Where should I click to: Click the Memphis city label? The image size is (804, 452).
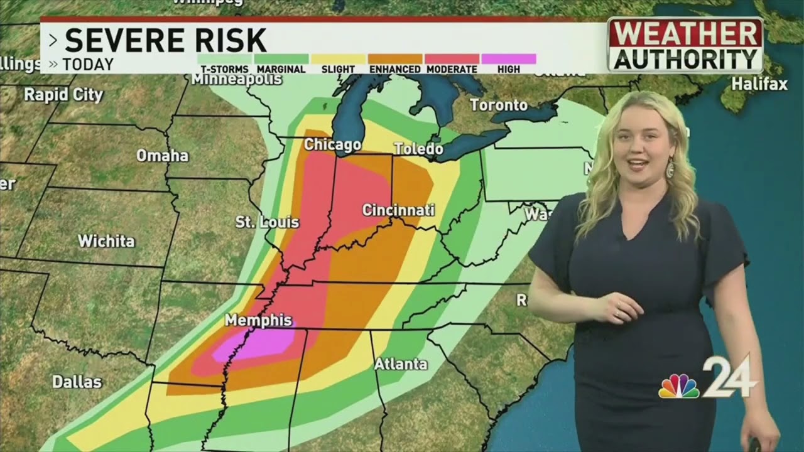(258, 320)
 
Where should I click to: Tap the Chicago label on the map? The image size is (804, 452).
(332, 145)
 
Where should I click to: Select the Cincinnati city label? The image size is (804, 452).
(398, 210)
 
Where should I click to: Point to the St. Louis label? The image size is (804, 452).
(267, 222)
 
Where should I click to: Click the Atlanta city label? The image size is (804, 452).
(401, 363)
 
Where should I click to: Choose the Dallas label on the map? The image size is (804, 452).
(77, 381)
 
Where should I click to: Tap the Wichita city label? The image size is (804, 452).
(106, 240)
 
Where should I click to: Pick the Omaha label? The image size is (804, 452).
(162, 155)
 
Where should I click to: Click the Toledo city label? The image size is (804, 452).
(418, 149)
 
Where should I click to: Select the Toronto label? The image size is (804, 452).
(499, 105)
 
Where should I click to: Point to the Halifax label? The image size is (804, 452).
(759, 84)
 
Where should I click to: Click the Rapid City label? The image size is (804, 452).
(63, 95)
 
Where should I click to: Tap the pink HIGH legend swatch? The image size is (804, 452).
(509, 59)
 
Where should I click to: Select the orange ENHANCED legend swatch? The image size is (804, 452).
(395, 59)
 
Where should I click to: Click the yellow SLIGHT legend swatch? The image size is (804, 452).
(338, 59)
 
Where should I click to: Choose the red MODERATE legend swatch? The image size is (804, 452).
(452, 59)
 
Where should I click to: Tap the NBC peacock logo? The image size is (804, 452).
(678, 387)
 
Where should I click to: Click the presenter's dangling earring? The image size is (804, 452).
(670, 168)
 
